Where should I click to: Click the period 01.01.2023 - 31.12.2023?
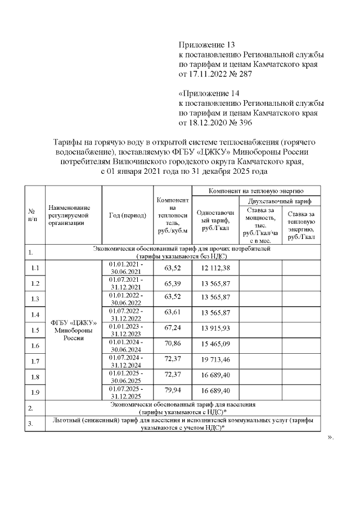(126, 330)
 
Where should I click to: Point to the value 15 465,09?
(216, 345)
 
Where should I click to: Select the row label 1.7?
(34, 361)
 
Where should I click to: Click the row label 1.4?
(34, 314)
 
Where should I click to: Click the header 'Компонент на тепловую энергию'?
(256, 191)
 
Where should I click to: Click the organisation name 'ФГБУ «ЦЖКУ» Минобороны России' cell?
(74, 331)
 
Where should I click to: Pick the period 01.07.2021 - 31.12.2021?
(126, 283)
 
